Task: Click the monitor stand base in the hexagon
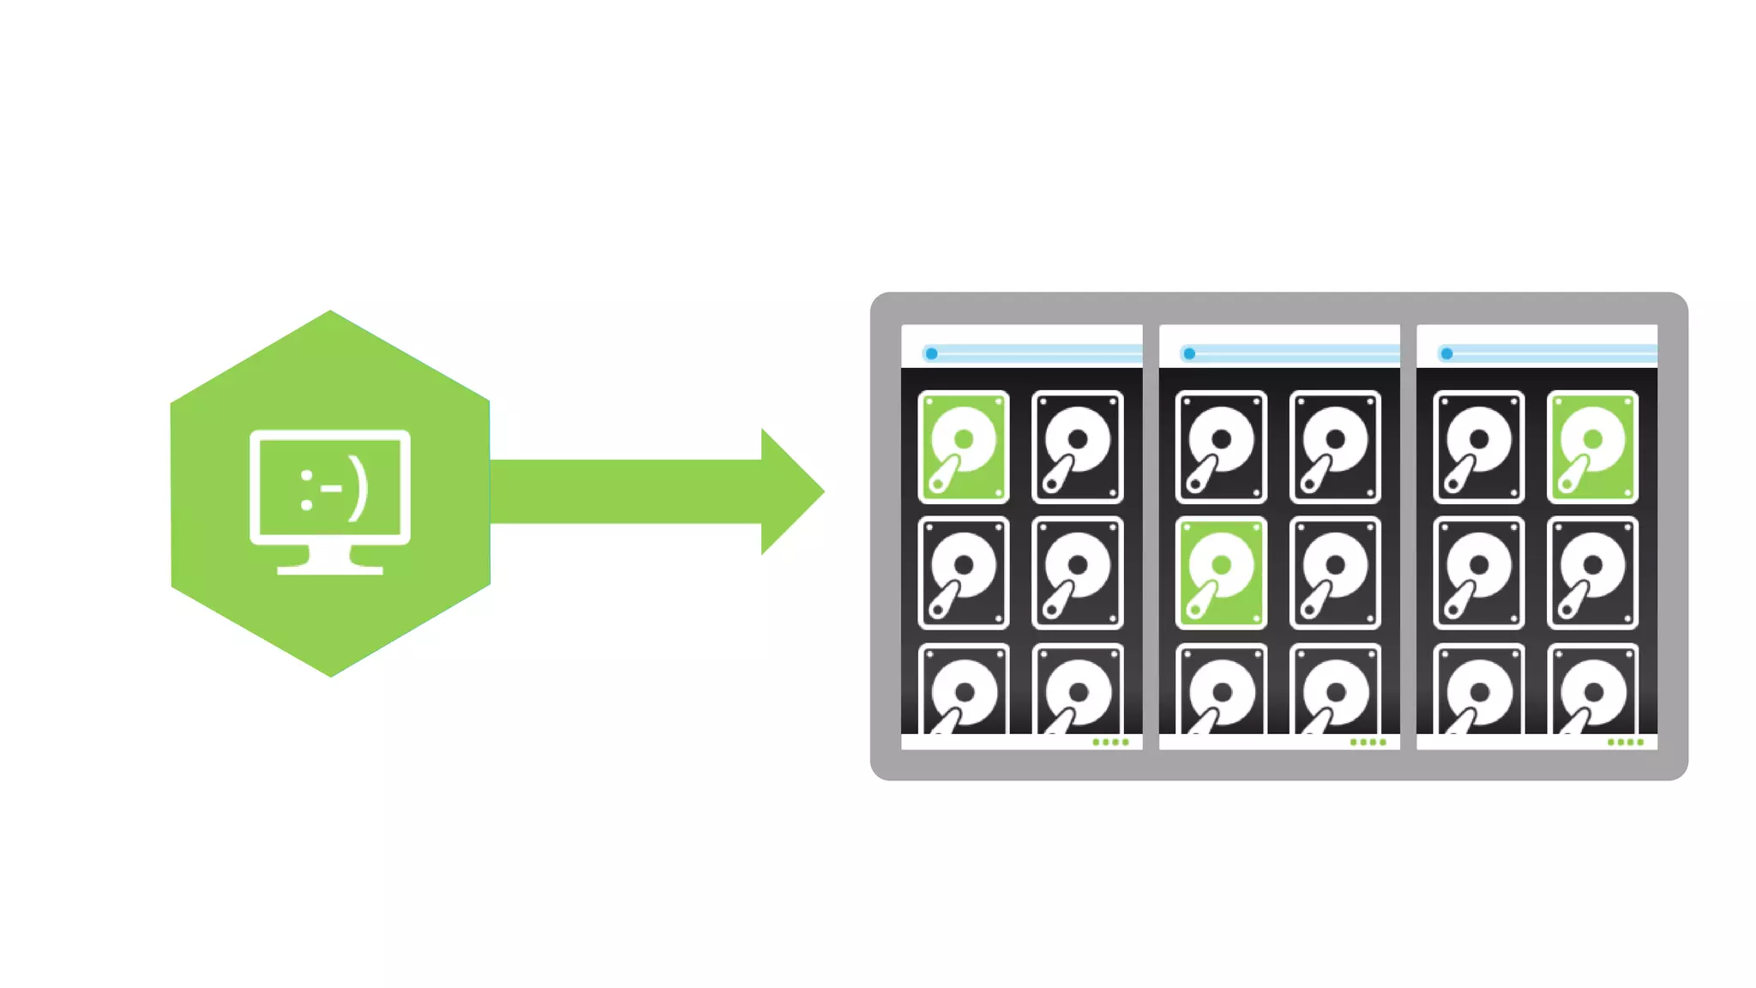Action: pyautogui.click(x=330, y=569)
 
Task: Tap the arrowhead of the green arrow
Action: pyautogui.click(x=791, y=491)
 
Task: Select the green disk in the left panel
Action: pyautogui.click(x=964, y=447)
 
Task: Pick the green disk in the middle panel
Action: pyautogui.click(x=1221, y=573)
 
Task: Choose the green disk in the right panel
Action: pyautogui.click(x=1592, y=447)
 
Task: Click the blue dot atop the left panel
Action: pyautogui.click(x=931, y=353)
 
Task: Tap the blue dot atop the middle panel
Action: pyautogui.click(x=1189, y=353)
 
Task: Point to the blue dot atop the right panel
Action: pyautogui.click(x=1446, y=353)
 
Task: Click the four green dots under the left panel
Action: pyautogui.click(x=1110, y=742)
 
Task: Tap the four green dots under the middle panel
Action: pyautogui.click(x=1368, y=742)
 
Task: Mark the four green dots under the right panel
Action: pyautogui.click(x=1625, y=742)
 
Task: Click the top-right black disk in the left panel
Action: pyautogui.click(x=1078, y=447)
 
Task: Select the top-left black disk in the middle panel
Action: pyautogui.click(x=1221, y=447)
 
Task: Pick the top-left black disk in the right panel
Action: pyautogui.click(x=1479, y=447)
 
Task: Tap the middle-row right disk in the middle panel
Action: pyautogui.click(x=1335, y=573)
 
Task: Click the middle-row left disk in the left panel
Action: pyautogui.click(x=964, y=573)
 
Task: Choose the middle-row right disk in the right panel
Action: pyautogui.click(x=1592, y=573)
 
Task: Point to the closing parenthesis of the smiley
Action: pyautogui.click(x=358, y=491)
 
